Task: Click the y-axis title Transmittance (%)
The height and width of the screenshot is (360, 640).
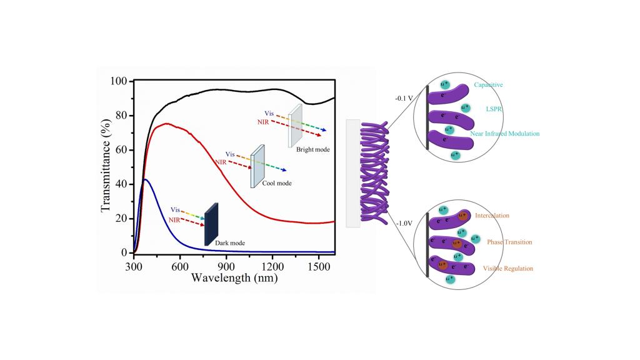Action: point(107,167)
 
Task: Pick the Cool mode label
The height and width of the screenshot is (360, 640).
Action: point(276,184)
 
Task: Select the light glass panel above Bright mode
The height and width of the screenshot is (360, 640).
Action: point(294,125)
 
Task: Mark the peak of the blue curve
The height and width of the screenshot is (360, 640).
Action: point(145,179)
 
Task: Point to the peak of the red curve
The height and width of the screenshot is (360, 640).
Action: point(167,124)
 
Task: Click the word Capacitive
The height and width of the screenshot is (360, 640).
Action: point(488,84)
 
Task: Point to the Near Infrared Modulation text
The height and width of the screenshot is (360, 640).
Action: point(504,134)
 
